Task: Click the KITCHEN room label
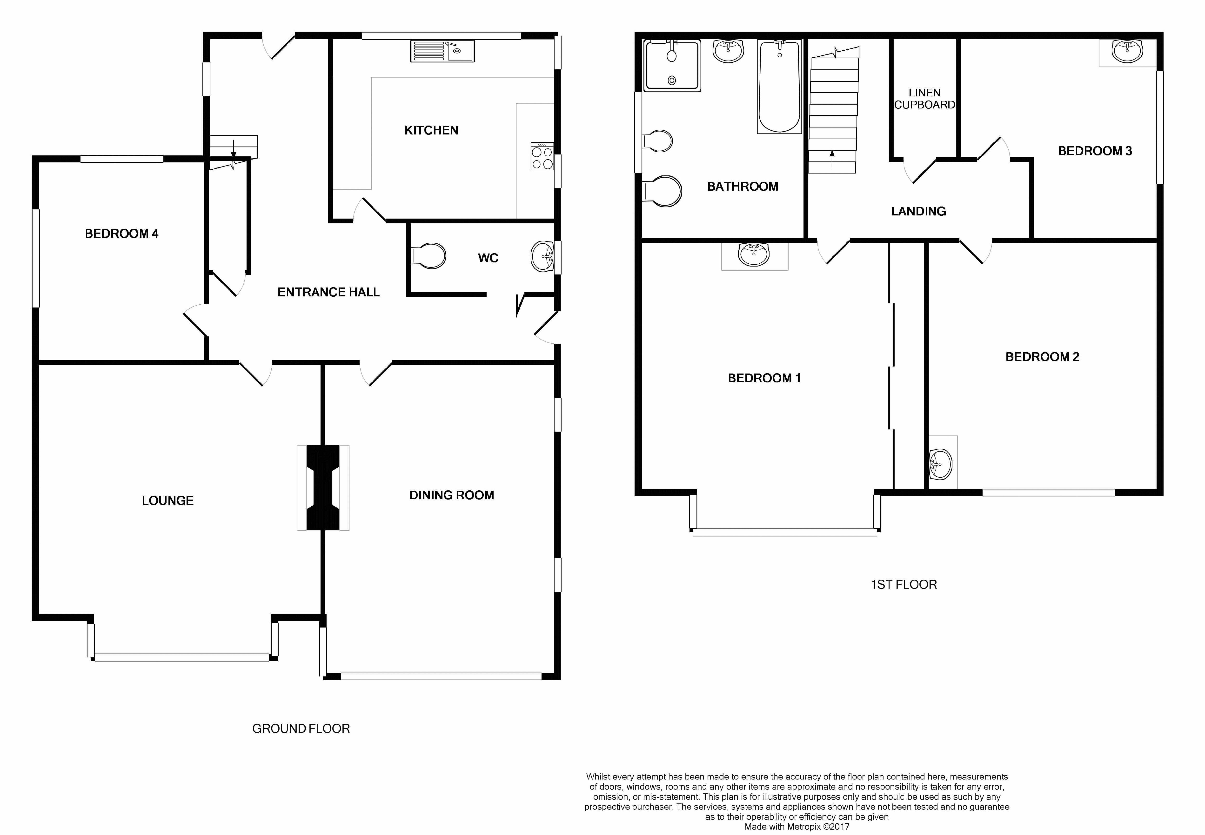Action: pyautogui.click(x=431, y=130)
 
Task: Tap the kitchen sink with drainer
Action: pyautogui.click(x=443, y=51)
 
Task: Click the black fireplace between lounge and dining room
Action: pyautogui.click(x=323, y=488)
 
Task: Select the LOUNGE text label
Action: pyautogui.click(x=167, y=501)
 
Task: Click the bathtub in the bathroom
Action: pyautogui.click(x=779, y=86)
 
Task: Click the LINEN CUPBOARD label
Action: pyautogui.click(x=924, y=98)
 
